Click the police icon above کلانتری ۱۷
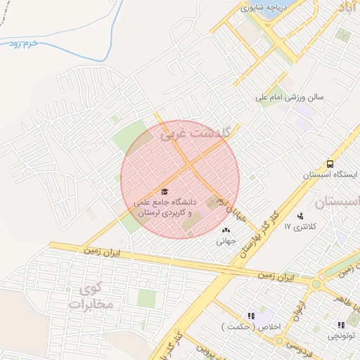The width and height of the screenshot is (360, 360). [x=301, y=216]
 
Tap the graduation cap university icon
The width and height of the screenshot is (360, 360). [x=165, y=191]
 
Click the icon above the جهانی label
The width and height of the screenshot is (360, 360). [x=226, y=229]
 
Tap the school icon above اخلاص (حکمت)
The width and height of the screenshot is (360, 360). [x=250, y=316]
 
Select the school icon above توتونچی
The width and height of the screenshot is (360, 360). [x=341, y=325]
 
